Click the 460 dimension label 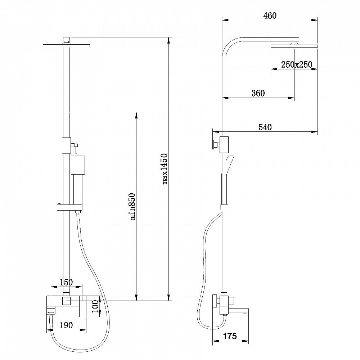click(270, 15)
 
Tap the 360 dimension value click(258, 93)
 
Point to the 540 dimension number click(265, 127)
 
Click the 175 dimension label click(229, 336)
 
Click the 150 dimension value click(66, 282)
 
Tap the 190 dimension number click(66, 325)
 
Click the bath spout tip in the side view click(246, 311)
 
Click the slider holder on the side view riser click(224, 207)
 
